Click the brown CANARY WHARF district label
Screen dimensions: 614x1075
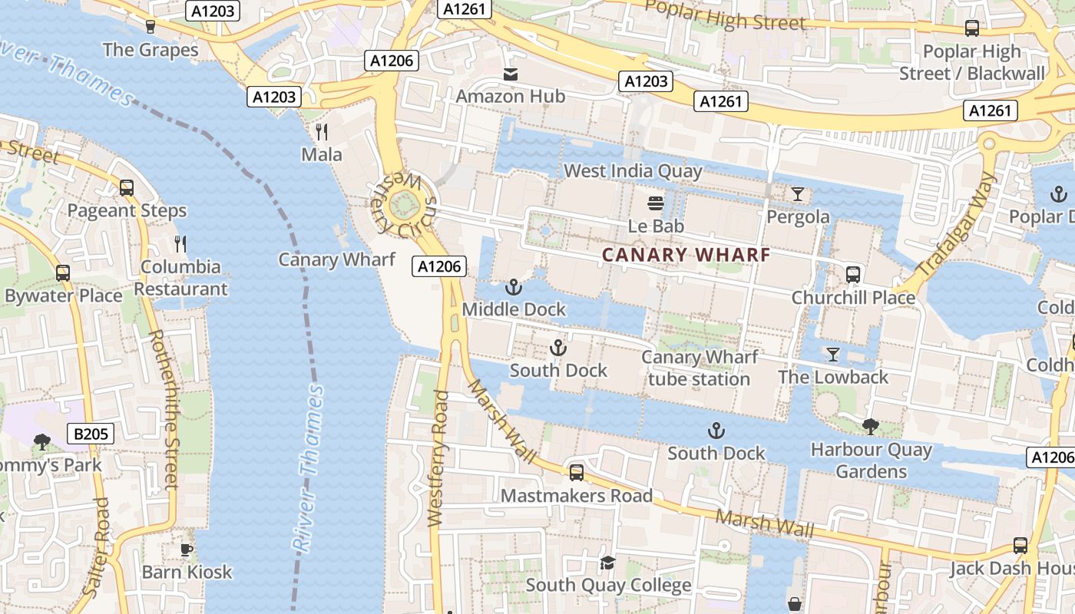(x=686, y=255)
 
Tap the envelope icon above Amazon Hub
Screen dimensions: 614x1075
(x=511, y=74)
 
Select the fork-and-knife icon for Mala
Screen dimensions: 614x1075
(x=322, y=132)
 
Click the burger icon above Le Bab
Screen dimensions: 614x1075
(x=656, y=203)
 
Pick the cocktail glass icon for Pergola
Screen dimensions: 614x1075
(x=798, y=194)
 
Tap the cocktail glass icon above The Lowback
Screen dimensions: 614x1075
(x=833, y=354)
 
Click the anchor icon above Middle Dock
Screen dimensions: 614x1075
(x=514, y=288)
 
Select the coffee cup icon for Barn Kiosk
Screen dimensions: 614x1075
(x=187, y=550)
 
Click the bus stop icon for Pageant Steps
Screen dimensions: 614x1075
(x=127, y=188)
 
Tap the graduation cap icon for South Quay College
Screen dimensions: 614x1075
(x=608, y=563)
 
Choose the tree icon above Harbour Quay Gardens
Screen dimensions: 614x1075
(x=870, y=427)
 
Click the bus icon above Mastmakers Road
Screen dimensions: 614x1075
(x=577, y=473)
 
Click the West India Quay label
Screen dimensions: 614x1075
(x=633, y=170)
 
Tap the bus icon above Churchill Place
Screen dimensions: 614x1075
(x=853, y=275)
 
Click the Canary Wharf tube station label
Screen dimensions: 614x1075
(x=699, y=368)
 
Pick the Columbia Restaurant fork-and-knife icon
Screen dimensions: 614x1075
(x=180, y=244)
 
